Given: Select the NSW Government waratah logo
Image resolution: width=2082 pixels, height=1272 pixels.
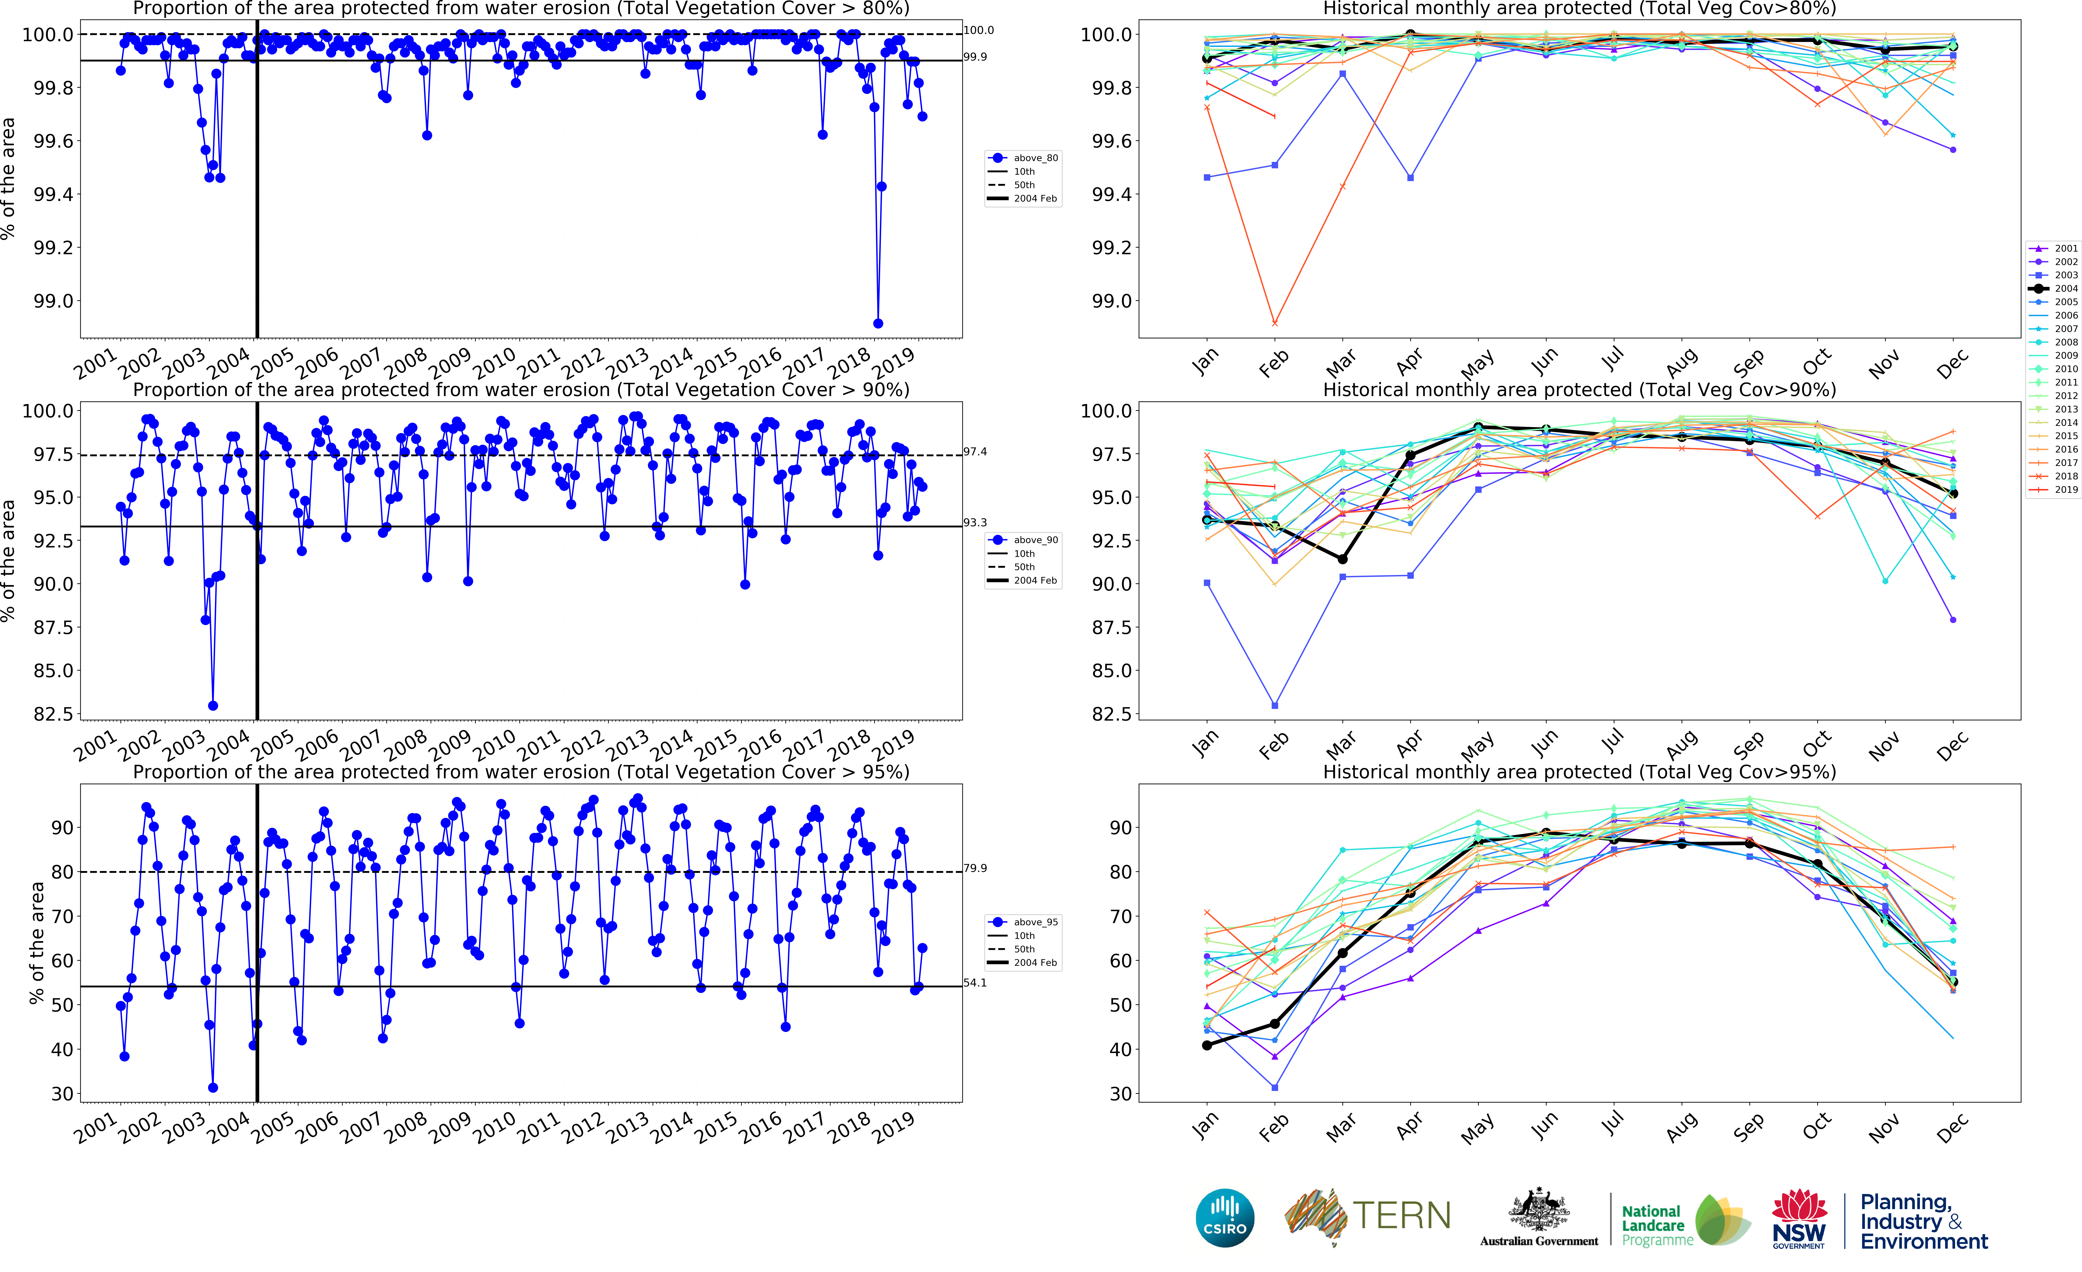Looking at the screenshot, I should pos(1799,1218).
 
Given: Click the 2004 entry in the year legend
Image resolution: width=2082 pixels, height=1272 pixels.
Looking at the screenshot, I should pos(2053,288).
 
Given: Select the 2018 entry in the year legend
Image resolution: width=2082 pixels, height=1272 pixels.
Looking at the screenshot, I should pos(2053,476).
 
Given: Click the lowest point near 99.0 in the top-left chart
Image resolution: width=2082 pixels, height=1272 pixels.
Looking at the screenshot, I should pos(878,324).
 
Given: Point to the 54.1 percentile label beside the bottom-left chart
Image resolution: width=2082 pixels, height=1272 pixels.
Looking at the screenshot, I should pos(975,983).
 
